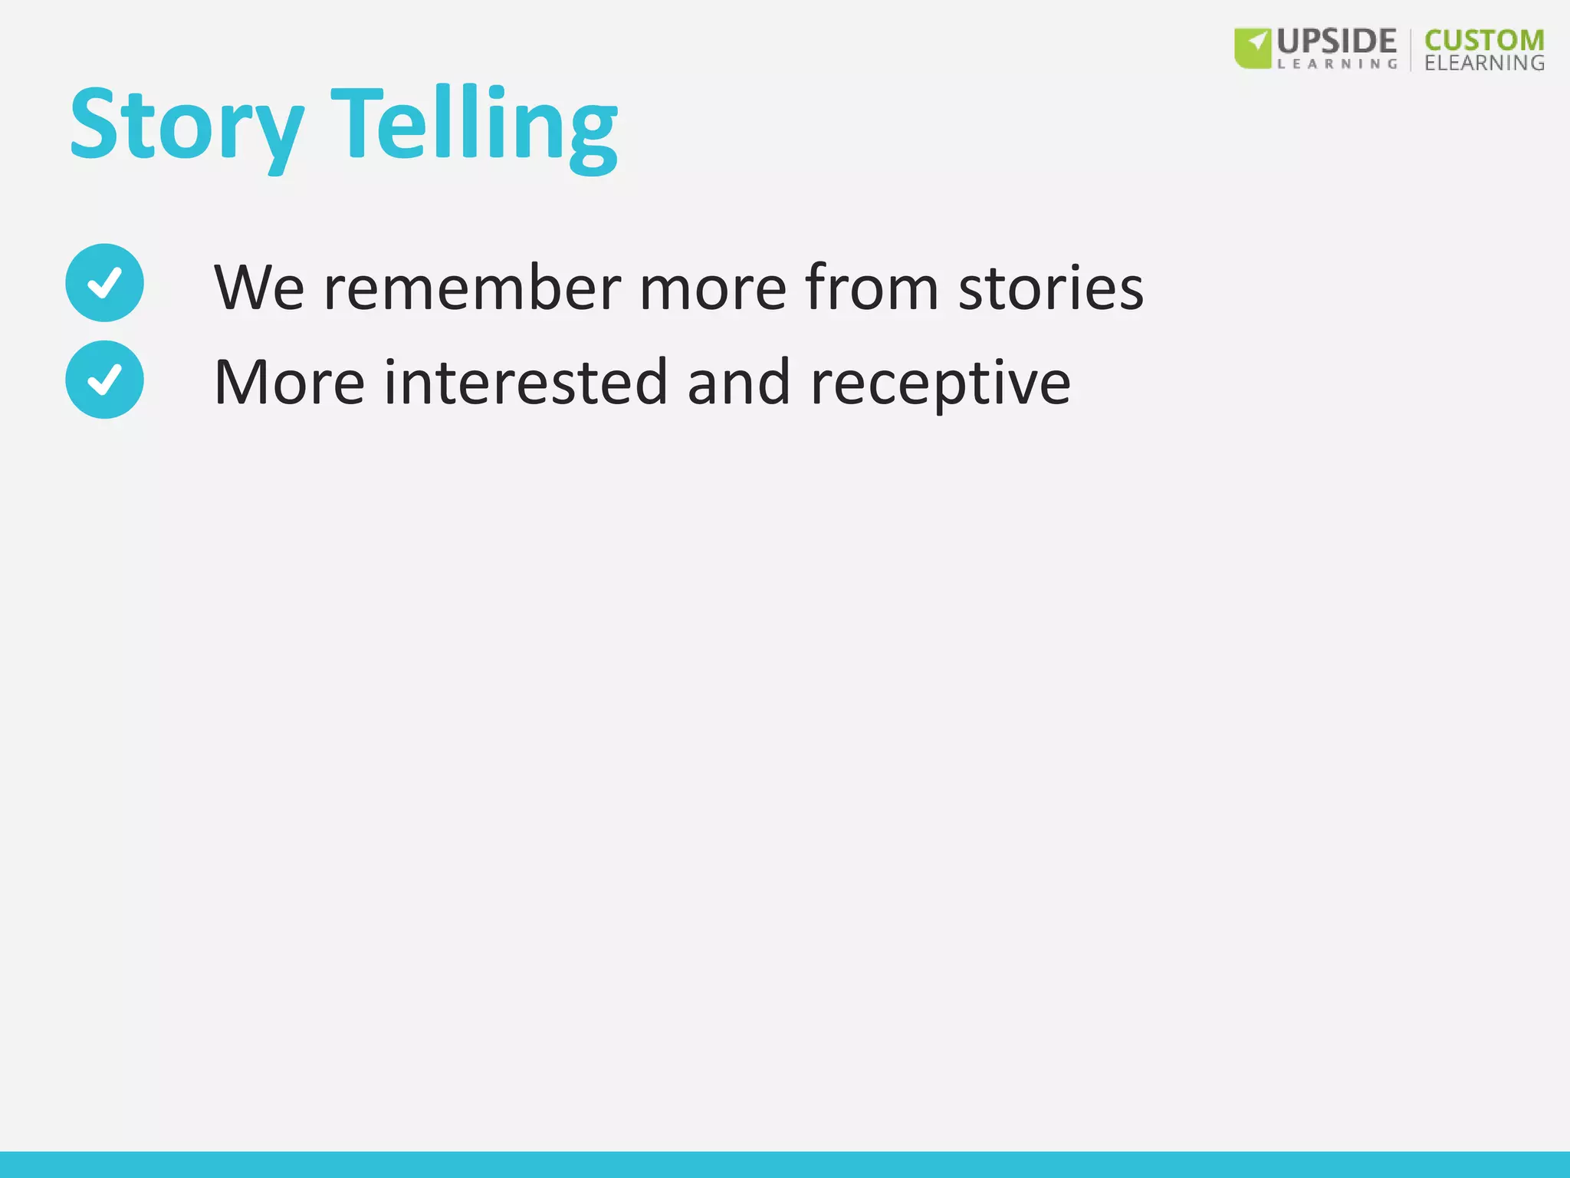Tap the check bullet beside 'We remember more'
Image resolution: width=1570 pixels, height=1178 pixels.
pyautogui.click(x=104, y=283)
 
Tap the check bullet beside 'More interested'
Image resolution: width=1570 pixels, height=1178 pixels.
pyautogui.click(x=104, y=380)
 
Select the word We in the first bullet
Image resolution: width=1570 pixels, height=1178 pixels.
pyautogui.click(x=259, y=288)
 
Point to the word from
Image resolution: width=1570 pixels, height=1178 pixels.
pyautogui.click(x=872, y=288)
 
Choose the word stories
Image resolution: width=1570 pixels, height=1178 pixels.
pyautogui.click(x=1050, y=288)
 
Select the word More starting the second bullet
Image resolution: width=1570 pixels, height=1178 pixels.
pyautogui.click(x=289, y=383)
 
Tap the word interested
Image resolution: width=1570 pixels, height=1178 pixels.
pyautogui.click(x=526, y=383)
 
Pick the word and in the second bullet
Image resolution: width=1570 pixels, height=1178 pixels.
pyautogui.click(x=738, y=383)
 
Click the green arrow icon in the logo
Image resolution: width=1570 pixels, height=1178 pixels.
pyautogui.click(x=1253, y=48)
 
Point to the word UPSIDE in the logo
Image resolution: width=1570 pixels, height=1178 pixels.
pyautogui.click(x=1336, y=41)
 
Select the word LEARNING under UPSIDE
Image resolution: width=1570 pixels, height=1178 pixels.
pyautogui.click(x=1337, y=64)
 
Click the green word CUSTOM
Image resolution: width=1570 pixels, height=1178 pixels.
pyautogui.click(x=1484, y=41)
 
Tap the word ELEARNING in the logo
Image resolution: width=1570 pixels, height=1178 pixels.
pyautogui.click(x=1484, y=63)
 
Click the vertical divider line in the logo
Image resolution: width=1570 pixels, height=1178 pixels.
pyautogui.click(x=1411, y=50)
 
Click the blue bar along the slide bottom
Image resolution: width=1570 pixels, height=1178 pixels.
pyautogui.click(x=785, y=1164)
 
